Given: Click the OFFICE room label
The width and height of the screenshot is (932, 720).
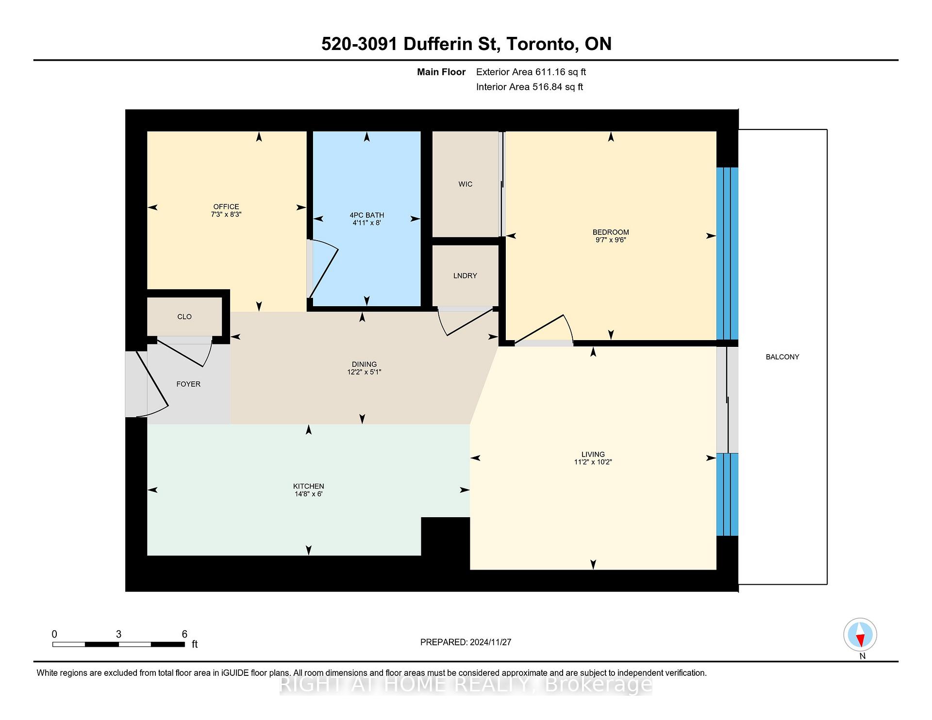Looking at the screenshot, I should click(x=226, y=207).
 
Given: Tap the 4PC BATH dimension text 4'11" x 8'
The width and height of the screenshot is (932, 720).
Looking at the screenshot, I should click(x=366, y=223).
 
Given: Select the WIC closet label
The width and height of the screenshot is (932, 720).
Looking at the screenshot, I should click(x=465, y=184).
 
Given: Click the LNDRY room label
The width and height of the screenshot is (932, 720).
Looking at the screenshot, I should click(x=465, y=276).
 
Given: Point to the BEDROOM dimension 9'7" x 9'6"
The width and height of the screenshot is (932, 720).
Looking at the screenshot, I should click(x=611, y=240).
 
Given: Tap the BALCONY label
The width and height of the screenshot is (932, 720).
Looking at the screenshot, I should click(x=782, y=357).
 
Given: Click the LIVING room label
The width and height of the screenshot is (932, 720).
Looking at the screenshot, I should click(x=593, y=455).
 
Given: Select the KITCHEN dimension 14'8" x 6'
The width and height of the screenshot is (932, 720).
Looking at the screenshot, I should click(x=308, y=494).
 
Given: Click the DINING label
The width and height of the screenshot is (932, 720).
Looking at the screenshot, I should click(x=364, y=364).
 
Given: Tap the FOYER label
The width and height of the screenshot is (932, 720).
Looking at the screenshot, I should click(x=188, y=384).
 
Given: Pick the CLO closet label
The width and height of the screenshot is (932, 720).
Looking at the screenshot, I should click(x=184, y=317).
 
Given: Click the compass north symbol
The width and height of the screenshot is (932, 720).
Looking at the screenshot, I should click(x=860, y=635).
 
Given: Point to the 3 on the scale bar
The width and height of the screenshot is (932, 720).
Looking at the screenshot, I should click(x=118, y=634).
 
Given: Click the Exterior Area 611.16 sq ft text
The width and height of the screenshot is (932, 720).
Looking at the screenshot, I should click(x=531, y=72).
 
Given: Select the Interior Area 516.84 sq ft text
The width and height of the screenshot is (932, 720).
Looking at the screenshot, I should click(x=529, y=87).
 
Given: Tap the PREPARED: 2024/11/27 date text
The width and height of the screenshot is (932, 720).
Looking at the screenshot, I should click(x=466, y=642).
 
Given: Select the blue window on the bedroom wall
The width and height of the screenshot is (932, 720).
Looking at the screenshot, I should click(x=727, y=253).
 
